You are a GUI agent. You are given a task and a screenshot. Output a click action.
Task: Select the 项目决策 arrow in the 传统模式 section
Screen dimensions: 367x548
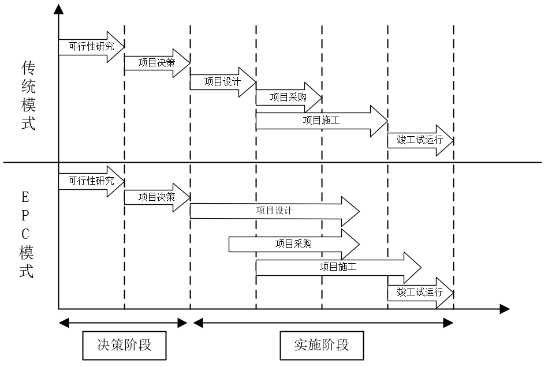pyautogui.click(x=157, y=63)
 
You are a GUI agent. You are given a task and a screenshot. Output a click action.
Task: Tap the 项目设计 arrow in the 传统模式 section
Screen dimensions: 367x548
pyautogui.click(x=223, y=81)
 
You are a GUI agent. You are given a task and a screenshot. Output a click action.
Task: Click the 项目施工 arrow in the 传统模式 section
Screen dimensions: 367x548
pyautogui.click(x=321, y=121)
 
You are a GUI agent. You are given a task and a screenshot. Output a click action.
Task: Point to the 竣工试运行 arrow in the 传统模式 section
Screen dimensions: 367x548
pyautogui.click(x=420, y=140)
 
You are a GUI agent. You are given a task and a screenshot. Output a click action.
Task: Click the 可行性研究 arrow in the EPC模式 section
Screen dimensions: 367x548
pyautogui.click(x=91, y=181)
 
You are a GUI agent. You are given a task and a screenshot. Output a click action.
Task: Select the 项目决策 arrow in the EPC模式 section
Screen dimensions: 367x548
pyautogui.click(x=157, y=197)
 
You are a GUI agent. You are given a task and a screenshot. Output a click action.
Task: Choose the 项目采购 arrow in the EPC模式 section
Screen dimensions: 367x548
pyautogui.click(x=293, y=244)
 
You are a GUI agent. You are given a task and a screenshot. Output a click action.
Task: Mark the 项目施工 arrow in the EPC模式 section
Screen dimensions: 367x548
pyautogui.click(x=338, y=267)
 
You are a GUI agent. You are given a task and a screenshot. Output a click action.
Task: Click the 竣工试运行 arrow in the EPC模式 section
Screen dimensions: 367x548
pyautogui.click(x=420, y=293)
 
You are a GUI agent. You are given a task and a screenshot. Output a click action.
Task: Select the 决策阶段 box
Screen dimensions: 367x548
pyautogui.click(x=125, y=345)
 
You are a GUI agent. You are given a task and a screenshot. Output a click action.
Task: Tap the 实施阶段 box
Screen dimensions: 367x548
pyautogui.click(x=322, y=345)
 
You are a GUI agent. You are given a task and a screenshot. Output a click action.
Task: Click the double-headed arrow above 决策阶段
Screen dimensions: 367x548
pyautogui.click(x=124, y=322)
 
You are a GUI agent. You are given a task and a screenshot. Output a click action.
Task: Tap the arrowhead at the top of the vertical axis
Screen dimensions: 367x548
pyautogui.click(x=58, y=10)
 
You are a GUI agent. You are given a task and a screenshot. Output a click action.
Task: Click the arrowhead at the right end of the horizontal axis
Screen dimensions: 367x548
pyautogui.click(x=504, y=309)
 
